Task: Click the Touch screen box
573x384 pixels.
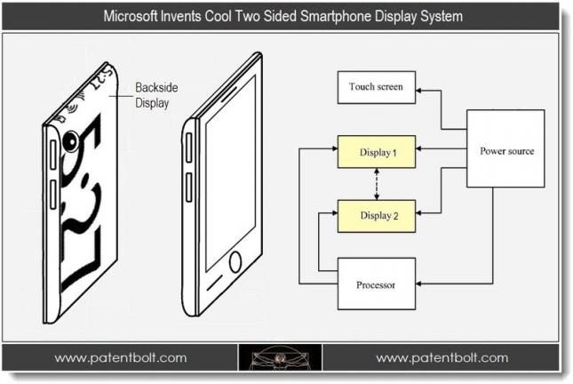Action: [x=377, y=87]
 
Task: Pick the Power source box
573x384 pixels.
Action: [x=506, y=151]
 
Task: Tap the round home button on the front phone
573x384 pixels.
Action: [x=235, y=262]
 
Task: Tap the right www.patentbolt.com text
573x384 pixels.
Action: [x=442, y=358]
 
